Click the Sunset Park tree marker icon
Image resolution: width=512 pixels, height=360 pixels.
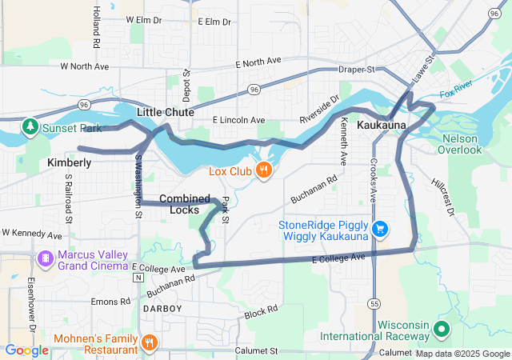(30, 126)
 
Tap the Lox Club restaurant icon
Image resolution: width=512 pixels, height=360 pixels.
(262, 170)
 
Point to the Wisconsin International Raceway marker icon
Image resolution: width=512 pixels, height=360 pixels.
(441, 330)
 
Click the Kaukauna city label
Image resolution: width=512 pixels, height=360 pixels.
(382, 126)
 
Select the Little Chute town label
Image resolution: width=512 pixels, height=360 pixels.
(166, 113)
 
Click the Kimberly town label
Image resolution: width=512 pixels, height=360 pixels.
(70, 162)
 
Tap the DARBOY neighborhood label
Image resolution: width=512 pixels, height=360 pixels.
(162, 308)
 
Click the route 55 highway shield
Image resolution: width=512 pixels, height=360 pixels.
(374, 303)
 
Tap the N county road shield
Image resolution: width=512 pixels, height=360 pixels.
(138, 278)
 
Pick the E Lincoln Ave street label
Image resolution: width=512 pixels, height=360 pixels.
(238, 120)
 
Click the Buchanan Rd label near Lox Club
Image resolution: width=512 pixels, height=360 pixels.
(315, 186)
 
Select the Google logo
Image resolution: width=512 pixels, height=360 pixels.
(26, 350)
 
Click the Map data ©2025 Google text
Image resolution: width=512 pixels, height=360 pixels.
(462, 354)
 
